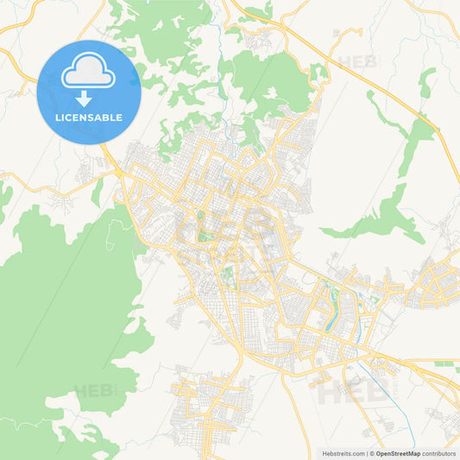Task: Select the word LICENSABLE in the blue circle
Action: (89, 117)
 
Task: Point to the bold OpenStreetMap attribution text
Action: (398, 453)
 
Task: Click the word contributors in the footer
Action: (439, 453)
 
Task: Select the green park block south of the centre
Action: (228, 277)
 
